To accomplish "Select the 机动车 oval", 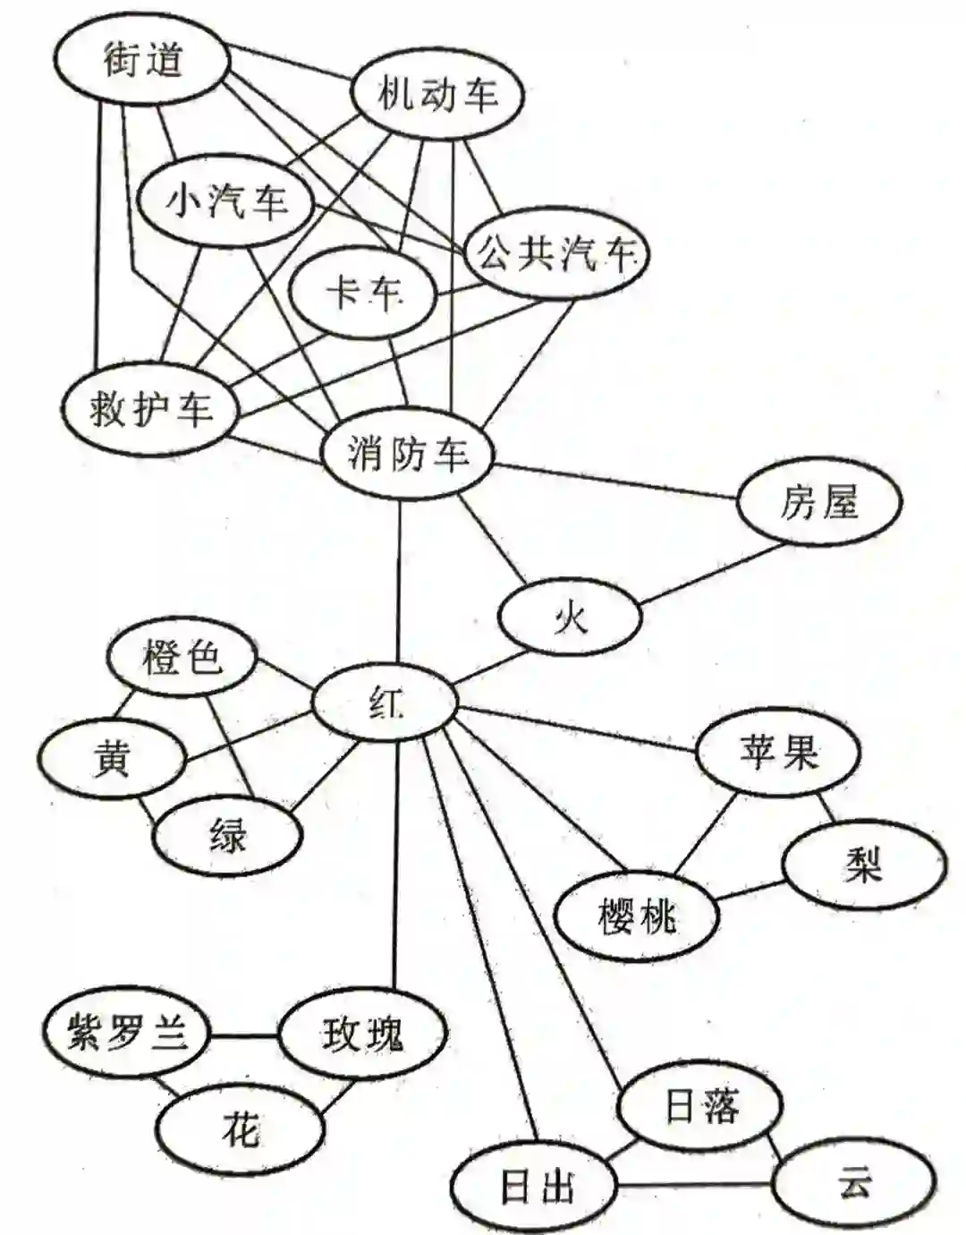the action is (x=436, y=93).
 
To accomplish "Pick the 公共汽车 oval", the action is (x=555, y=254).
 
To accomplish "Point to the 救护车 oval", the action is (x=151, y=409).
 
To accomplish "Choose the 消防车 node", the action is (x=408, y=453).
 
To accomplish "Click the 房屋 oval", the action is (x=818, y=503).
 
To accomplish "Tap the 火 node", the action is (x=570, y=617).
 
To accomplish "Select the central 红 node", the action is (x=386, y=703).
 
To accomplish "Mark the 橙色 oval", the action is (x=182, y=659).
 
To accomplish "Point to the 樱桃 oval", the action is (x=636, y=916).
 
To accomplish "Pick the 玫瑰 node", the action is (x=361, y=1034).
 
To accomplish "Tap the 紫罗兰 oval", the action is (x=127, y=1034).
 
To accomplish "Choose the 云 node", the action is (x=854, y=1185).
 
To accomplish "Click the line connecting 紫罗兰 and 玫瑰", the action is (x=243, y=1036).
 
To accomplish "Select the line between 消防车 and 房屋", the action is (x=617, y=481).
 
